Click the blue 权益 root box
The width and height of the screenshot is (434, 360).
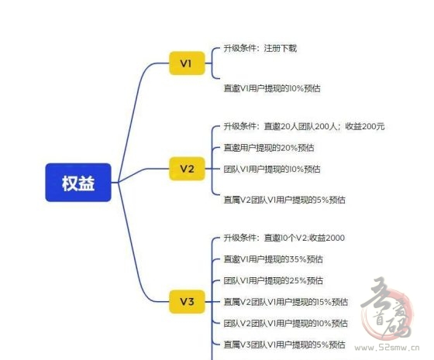(78, 183)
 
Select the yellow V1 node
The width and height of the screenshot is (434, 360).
(187, 63)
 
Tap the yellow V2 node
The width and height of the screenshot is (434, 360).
(187, 169)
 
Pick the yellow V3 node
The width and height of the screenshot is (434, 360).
(187, 302)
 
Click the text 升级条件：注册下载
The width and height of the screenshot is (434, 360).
(260, 48)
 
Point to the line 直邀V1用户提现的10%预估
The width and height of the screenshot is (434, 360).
(272, 88)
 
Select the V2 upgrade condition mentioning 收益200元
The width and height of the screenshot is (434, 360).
(304, 126)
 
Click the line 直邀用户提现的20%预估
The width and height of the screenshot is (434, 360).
(269, 148)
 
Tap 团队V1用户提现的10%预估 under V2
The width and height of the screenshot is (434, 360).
(272, 169)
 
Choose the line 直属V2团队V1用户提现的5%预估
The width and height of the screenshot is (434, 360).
(284, 200)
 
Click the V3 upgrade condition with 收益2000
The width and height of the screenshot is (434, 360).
(284, 238)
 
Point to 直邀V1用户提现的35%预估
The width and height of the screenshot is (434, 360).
(273, 259)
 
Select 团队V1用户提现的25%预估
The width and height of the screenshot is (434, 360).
(273, 280)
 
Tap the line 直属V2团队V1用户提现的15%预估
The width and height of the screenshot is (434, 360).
(286, 302)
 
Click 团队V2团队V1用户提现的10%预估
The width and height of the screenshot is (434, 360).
(286, 324)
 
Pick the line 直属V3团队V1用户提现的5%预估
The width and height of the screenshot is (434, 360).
(284, 345)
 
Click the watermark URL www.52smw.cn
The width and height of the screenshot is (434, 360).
(387, 348)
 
